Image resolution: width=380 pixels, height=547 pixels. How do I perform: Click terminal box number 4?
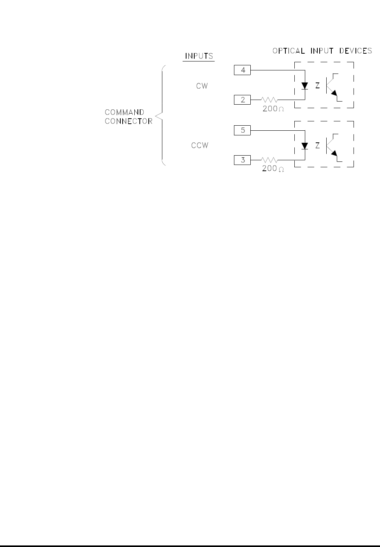[243, 70]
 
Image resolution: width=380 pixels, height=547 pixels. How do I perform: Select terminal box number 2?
[243, 100]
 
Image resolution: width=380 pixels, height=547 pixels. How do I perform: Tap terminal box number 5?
[243, 130]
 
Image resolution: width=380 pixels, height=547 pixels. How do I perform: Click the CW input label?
[202, 86]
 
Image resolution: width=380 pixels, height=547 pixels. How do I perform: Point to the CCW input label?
[200, 146]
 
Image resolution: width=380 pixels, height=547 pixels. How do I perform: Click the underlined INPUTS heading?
[199, 56]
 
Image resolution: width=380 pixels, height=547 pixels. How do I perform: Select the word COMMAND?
[125, 112]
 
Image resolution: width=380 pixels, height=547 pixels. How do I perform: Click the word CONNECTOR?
[128, 121]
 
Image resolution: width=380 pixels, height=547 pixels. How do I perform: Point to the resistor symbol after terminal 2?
[269, 100]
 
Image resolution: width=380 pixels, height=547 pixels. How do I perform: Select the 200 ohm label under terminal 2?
[273, 109]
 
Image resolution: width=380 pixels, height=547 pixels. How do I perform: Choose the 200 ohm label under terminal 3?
[273, 169]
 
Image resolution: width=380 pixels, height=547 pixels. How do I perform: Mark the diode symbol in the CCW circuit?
[305, 146]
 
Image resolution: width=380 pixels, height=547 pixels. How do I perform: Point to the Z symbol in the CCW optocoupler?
[317, 146]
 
